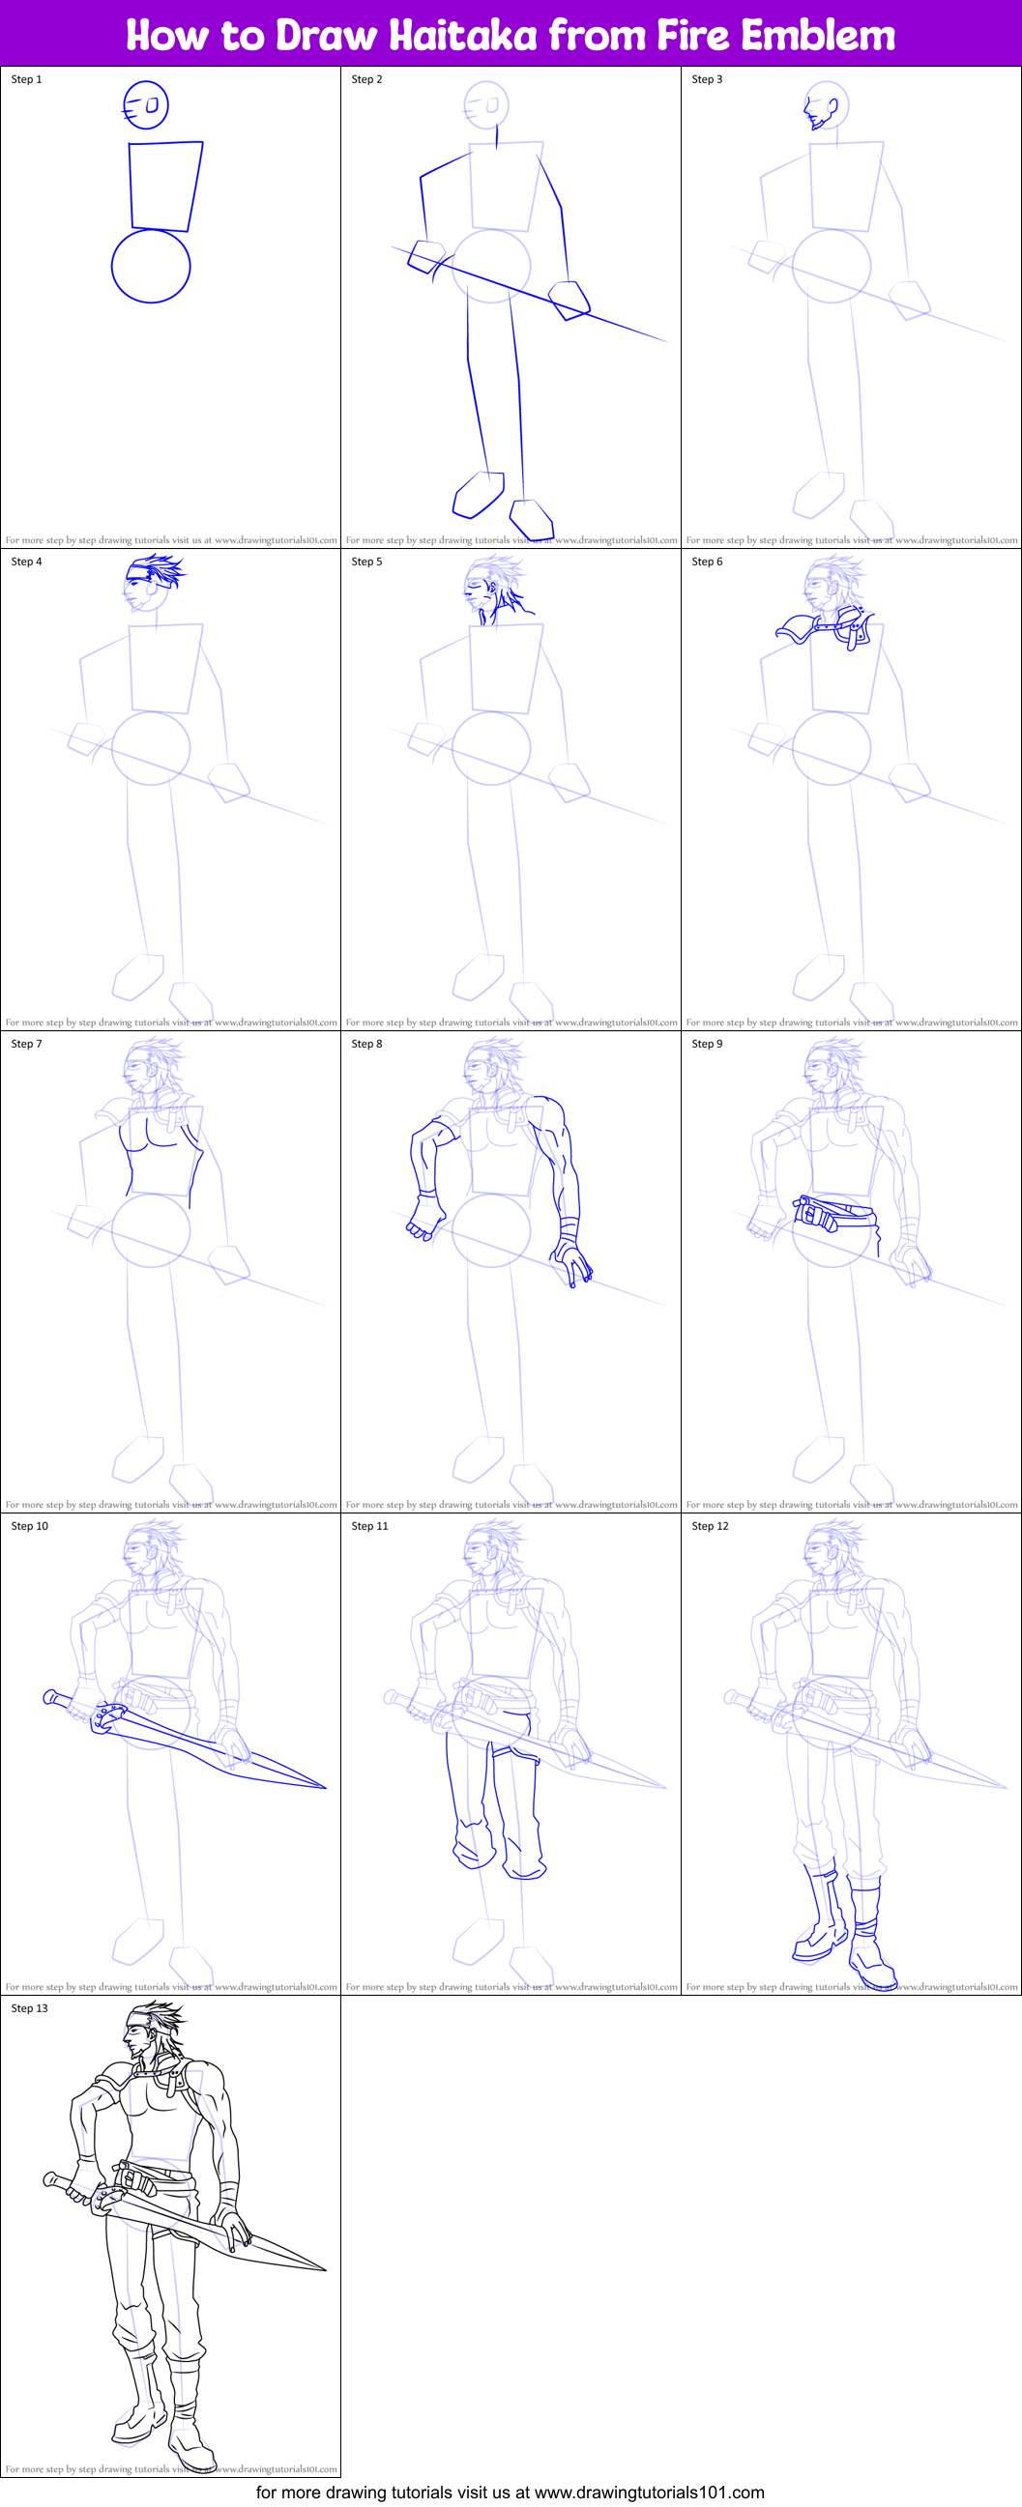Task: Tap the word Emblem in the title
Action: pos(817,35)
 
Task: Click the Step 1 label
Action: pos(26,79)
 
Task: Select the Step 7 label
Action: pos(26,1043)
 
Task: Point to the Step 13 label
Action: pos(29,2007)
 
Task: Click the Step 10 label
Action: pos(29,1526)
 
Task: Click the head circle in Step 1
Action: pos(146,105)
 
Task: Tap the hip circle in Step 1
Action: pos(151,266)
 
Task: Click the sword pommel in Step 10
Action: pos(49,1697)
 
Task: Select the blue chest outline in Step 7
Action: pos(161,1153)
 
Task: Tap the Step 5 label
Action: pos(367,562)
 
